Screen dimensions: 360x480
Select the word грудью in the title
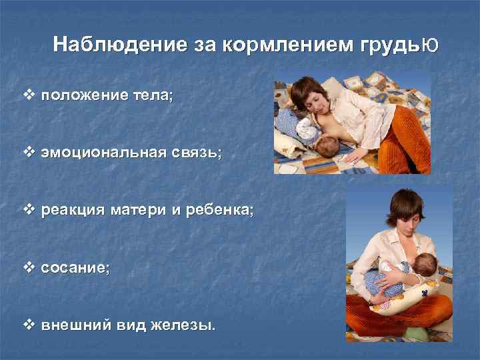tap(401, 45)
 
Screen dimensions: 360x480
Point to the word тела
tap(151, 96)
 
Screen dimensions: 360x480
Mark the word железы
tap(187, 326)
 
